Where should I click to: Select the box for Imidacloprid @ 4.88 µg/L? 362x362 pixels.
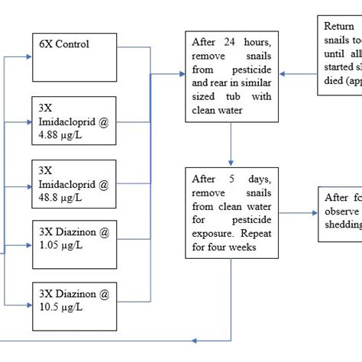click(73, 121)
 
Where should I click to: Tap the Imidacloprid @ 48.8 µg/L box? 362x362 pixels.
click(73, 184)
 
